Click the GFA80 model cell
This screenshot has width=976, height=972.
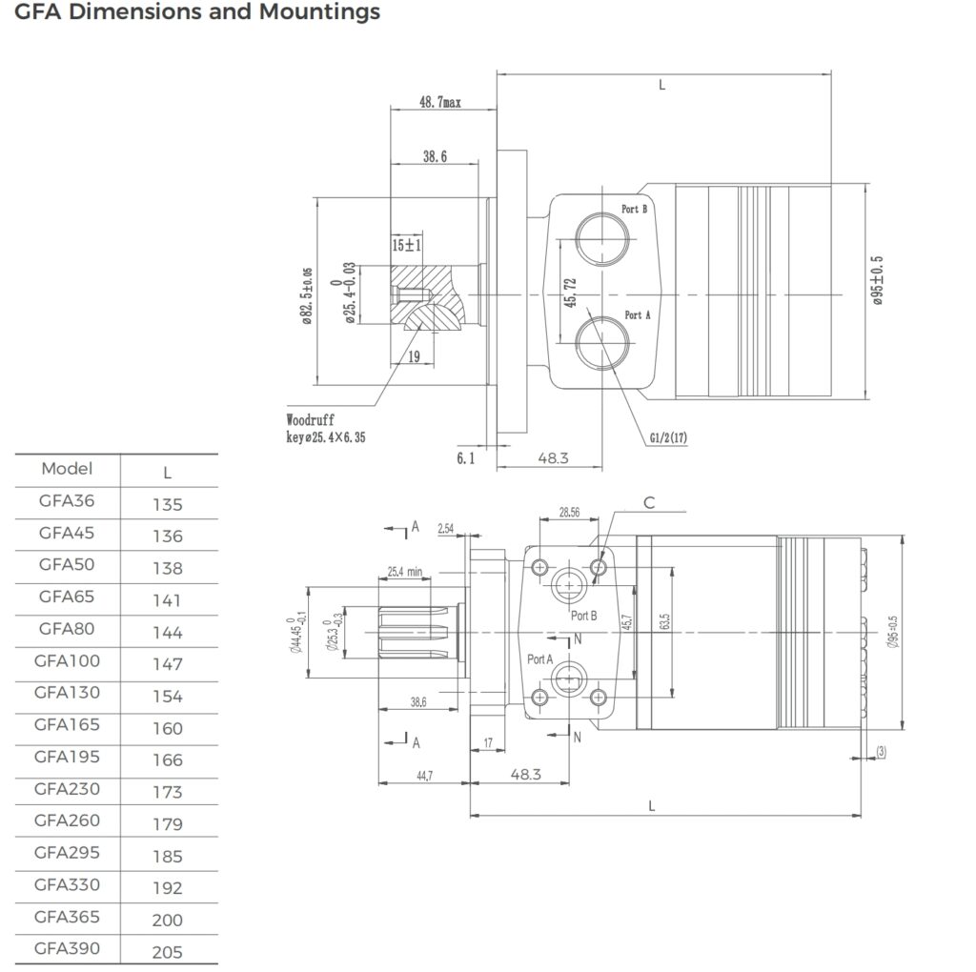pos(67,629)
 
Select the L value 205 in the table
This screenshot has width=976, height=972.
pos(168,952)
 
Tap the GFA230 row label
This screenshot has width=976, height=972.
pos(67,789)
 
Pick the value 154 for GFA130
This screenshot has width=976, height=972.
pos(168,697)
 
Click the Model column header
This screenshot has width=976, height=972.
pos(67,469)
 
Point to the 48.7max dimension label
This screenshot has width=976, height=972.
pos(440,102)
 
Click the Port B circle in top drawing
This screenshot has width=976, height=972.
pos(602,238)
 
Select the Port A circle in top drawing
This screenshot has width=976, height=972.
pos(602,343)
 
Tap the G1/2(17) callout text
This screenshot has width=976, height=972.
pos(668,437)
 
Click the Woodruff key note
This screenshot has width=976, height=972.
pos(326,428)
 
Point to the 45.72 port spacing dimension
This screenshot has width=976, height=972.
pos(570,293)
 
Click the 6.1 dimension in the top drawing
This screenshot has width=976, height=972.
pos(465,458)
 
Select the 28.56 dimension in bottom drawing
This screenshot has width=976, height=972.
pos(569,512)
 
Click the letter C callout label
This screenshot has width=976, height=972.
pos(649,503)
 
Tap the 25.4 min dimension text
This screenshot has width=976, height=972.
pos(404,571)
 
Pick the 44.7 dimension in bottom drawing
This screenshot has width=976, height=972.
pos(424,776)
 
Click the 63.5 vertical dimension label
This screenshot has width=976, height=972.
pos(664,621)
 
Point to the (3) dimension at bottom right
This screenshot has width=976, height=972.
pos(881,751)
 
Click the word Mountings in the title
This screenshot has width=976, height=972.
pos(319,12)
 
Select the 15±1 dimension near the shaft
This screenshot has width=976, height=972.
pos(406,245)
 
